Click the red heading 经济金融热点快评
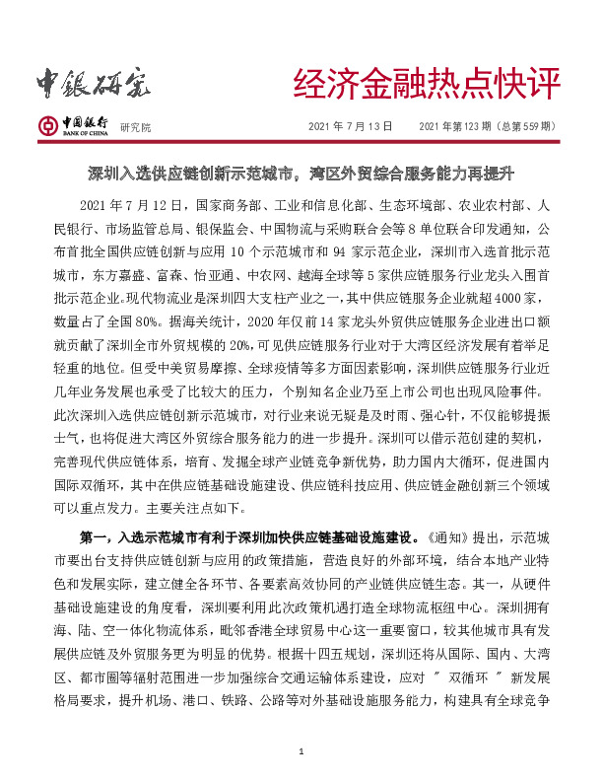click(427, 86)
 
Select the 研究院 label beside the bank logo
click(135, 128)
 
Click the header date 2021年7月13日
click(351, 127)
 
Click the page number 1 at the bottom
click(301, 754)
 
